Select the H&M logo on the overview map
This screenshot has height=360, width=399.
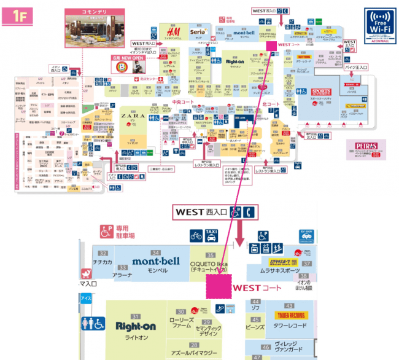coord(172,32)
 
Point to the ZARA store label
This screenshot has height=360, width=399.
coord(133,115)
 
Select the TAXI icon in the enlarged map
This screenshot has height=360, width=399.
coord(212,235)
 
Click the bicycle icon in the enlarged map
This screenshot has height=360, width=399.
coord(195,236)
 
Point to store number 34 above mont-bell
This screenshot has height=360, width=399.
coord(156,252)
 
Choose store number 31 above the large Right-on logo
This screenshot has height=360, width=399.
coord(136,316)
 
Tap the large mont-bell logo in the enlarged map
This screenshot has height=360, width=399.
coord(156,262)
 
